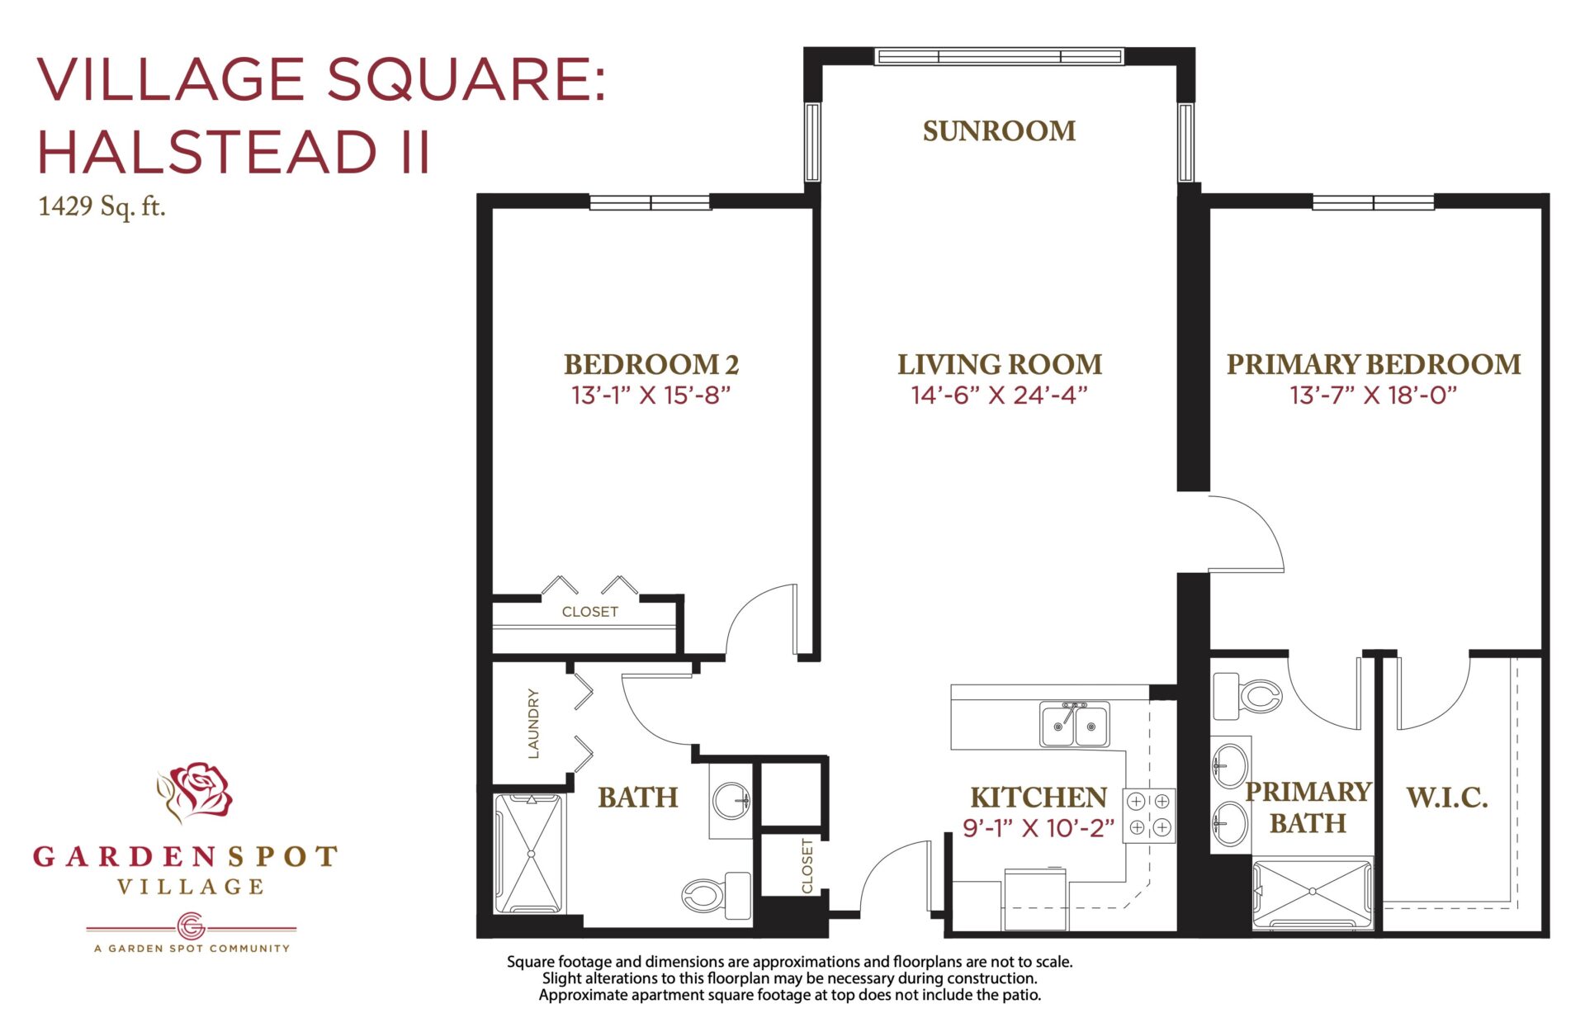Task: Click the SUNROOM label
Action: click(x=999, y=130)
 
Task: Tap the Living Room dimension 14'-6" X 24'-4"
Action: click(x=999, y=395)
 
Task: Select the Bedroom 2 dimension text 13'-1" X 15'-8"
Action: click(x=651, y=395)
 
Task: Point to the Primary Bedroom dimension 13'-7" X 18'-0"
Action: click(x=1373, y=395)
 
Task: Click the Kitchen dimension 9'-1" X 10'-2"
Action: click(x=1038, y=827)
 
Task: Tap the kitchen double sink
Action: click(x=1074, y=724)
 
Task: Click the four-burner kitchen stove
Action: click(x=1148, y=814)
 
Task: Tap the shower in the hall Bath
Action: click(x=530, y=854)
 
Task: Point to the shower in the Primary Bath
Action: click(x=1313, y=893)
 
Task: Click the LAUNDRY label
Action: click(x=533, y=723)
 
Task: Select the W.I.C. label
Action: click(x=1447, y=798)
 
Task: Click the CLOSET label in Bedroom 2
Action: click(x=589, y=612)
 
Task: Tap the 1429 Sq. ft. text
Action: click(x=102, y=206)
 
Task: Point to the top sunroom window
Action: click(x=999, y=56)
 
